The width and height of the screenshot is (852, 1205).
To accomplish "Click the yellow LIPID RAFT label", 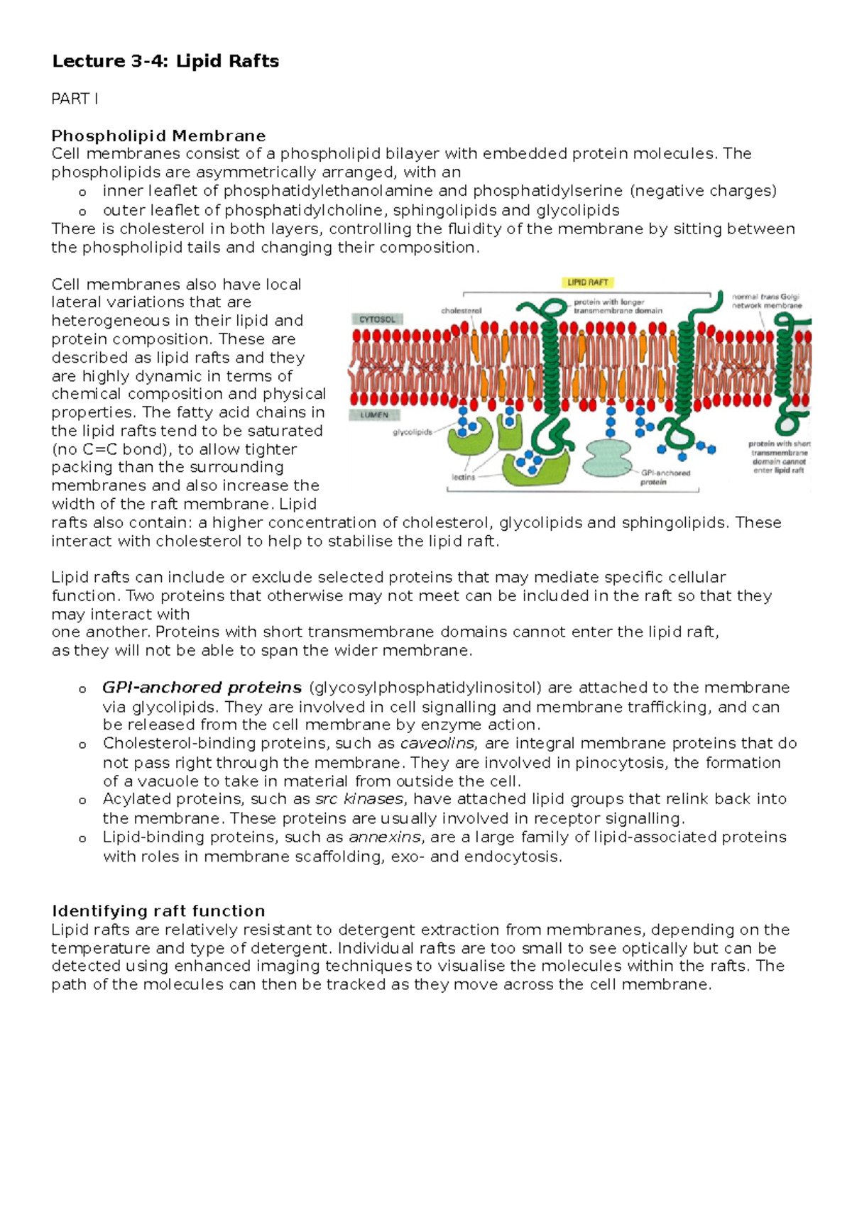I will (x=588, y=282).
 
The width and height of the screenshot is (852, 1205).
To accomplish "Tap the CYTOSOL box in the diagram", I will (x=377, y=319).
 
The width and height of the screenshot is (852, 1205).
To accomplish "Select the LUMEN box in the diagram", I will (x=374, y=414).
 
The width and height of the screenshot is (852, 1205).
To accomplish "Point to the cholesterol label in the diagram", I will (x=461, y=311).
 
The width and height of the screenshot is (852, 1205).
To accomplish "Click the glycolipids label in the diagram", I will (x=413, y=432).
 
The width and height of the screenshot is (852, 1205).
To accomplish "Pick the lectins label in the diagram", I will (x=464, y=478).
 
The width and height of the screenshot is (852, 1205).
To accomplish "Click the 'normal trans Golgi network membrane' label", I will (x=767, y=301).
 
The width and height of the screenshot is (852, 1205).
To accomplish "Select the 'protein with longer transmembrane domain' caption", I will (x=618, y=306).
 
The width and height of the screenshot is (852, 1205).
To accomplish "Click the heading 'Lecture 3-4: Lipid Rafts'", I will (x=165, y=62).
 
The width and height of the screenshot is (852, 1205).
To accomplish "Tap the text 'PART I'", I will (x=75, y=99).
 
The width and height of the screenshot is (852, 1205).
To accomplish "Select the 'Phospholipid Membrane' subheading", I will (x=158, y=136).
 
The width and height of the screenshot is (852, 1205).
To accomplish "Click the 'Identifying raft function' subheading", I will (x=158, y=910).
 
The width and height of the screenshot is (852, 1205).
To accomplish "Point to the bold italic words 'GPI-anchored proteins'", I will (x=202, y=687).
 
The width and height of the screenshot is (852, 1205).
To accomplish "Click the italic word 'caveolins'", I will (x=438, y=743).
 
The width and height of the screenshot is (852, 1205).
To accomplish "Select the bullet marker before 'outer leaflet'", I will (x=82, y=211).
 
